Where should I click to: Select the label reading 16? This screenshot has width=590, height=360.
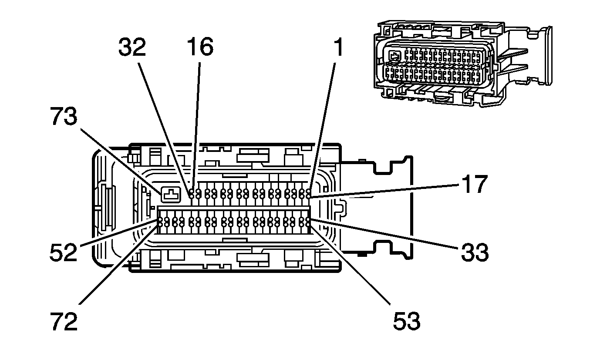click(x=200, y=47)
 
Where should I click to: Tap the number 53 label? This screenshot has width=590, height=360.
click(x=407, y=321)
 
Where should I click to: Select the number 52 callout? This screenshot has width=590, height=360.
click(x=63, y=252)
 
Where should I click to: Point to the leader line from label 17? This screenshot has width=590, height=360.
click(x=383, y=191)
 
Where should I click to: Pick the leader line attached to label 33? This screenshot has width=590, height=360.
click(x=383, y=235)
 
